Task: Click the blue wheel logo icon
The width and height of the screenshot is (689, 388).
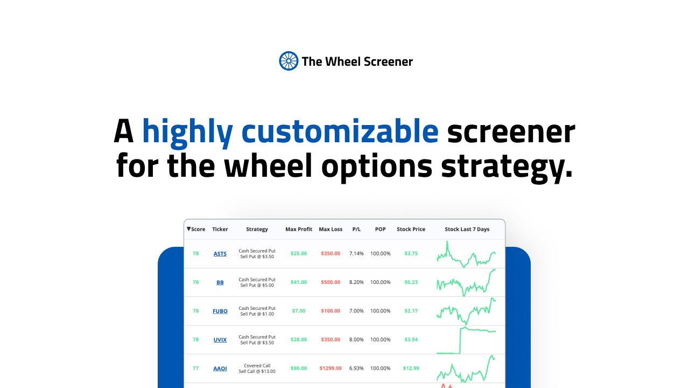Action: (x=288, y=61)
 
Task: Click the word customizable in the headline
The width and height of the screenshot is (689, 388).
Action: (x=340, y=131)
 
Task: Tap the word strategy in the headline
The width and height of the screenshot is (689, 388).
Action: (x=507, y=167)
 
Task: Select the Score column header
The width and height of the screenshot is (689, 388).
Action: (x=196, y=229)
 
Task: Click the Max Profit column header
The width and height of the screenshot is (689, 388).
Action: (x=299, y=229)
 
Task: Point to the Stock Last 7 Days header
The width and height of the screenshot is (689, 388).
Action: (x=467, y=229)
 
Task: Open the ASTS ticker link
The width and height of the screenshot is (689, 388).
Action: (x=220, y=254)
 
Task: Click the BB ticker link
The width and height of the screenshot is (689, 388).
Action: (x=220, y=282)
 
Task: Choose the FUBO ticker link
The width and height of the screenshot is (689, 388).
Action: (x=220, y=311)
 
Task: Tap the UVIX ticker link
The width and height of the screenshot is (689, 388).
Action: (x=220, y=339)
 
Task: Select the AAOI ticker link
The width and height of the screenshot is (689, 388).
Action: (x=220, y=368)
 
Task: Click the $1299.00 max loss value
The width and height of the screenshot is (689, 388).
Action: (x=331, y=368)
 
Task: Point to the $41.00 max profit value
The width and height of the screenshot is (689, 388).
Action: (x=299, y=282)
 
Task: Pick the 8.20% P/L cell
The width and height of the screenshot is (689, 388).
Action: (x=356, y=282)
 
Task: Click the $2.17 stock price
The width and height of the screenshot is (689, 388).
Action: (x=411, y=311)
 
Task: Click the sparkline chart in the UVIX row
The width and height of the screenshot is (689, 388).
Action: (x=466, y=340)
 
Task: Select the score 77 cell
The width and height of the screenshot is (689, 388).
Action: (x=195, y=368)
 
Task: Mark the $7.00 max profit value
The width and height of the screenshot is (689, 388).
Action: (x=299, y=311)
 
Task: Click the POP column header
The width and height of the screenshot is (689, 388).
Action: (x=380, y=229)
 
